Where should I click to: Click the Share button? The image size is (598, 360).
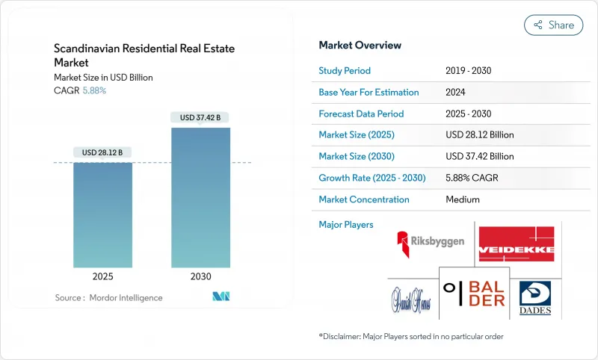(553, 25)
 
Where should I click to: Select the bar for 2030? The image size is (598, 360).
(200, 197)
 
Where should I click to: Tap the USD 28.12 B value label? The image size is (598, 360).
(102, 152)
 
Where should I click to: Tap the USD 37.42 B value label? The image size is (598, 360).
(200, 117)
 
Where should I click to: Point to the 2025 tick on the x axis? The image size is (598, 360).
(102, 276)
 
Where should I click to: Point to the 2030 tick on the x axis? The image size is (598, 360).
(200, 276)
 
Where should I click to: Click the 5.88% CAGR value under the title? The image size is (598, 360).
(93, 90)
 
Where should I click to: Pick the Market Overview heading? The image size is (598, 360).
(360, 46)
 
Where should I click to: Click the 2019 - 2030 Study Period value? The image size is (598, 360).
(468, 71)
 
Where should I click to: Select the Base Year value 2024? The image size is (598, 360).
(456, 93)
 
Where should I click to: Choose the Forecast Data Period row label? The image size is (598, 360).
(361, 114)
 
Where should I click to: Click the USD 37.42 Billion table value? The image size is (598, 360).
(479, 157)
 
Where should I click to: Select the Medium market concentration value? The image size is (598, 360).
(462, 199)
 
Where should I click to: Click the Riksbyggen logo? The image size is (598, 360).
(430, 243)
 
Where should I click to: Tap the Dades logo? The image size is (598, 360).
(534, 296)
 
